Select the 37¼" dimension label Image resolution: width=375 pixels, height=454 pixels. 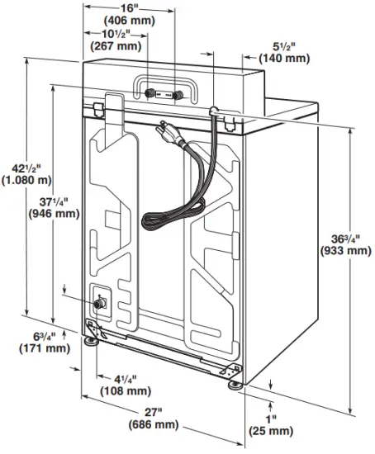54,201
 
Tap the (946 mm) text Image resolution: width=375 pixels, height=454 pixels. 54,213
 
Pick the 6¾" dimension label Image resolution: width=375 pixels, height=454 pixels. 44,336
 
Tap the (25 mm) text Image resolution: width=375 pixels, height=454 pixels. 270,431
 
